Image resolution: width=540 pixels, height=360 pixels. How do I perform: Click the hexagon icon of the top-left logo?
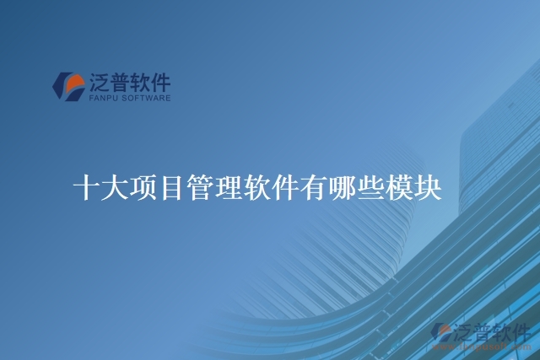point(68,85)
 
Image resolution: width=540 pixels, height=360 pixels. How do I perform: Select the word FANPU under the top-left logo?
point(105,98)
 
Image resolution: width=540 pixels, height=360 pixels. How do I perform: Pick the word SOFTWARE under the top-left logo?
point(147,98)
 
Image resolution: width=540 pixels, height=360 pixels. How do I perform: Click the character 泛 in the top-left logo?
point(99,83)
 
